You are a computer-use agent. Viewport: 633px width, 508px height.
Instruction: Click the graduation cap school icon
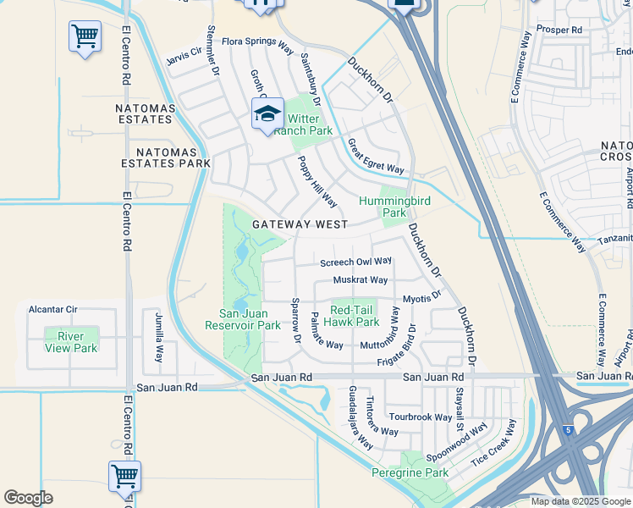[267, 114]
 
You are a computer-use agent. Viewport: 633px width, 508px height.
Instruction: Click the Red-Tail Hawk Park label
[355, 316]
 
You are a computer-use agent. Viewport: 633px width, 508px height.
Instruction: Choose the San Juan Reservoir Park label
[244, 319]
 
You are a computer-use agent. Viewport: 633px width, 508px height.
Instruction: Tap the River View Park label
[71, 342]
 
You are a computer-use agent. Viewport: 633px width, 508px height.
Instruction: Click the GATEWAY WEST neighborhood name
[300, 224]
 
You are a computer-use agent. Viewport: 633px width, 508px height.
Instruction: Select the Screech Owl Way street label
[355, 262]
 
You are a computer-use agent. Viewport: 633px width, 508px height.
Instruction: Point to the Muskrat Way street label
[361, 279]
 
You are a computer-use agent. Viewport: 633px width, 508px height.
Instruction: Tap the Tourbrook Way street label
[421, 417]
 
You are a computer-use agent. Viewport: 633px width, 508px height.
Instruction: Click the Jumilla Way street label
[158, 336]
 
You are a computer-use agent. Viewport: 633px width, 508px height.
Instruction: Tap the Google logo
[28, 498]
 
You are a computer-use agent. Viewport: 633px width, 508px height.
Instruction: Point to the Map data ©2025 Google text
[580, 501]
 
